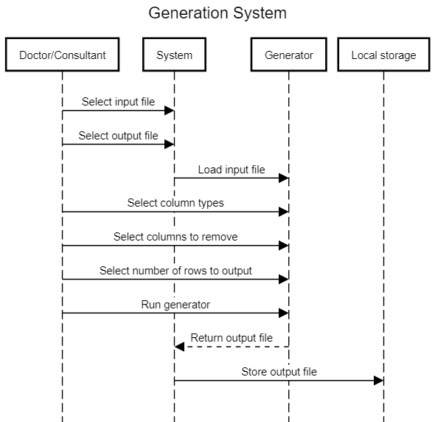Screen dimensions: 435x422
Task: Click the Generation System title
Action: coord(217,13)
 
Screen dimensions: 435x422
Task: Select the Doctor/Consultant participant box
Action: coord(63,55)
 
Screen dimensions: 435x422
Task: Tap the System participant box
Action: coord(174,55)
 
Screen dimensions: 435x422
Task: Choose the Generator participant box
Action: coord(289,55)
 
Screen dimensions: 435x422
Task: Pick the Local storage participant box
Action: coord(383,55)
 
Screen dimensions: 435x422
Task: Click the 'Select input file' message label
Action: coord(118,102)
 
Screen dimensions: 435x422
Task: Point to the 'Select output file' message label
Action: coord(118,136)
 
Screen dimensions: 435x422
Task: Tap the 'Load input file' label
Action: coord(232,170)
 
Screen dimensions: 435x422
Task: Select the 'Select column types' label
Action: coord(175,203)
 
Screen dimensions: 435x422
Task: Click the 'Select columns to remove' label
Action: coord(175,237)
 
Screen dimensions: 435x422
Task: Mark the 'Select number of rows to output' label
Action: coord(175,271)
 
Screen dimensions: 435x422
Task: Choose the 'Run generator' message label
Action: coord(175,305)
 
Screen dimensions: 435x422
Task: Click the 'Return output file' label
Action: coord(232,338)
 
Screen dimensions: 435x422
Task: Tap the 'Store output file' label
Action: coord(279,372)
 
